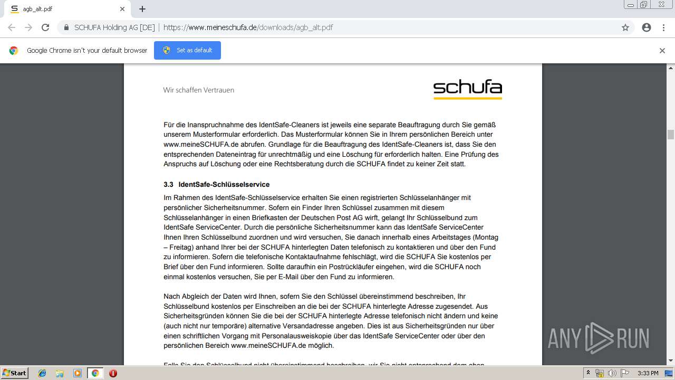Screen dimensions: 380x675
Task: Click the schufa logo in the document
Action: [467, 89]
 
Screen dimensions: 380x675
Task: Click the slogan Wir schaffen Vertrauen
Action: [198, 90]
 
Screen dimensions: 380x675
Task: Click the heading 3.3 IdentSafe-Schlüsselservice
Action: [216, 185]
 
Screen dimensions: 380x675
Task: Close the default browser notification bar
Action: [662, 51]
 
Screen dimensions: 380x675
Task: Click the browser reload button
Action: [45, 27]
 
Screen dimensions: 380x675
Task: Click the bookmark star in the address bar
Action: [625, 27]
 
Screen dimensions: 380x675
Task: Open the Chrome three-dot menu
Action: [663, 27]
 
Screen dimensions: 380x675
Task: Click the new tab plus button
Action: [142, 9]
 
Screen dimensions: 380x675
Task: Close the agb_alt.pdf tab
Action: [122, 9]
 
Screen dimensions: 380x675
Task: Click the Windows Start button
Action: [14, 373]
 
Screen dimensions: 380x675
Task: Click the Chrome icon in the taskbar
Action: [95, 373]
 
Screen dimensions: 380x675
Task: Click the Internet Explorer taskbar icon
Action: [42, 373]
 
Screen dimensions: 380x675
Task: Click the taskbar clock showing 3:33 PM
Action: [648, 373]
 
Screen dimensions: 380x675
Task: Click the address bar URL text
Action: [248, 27]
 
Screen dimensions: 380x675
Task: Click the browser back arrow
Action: [12, 27]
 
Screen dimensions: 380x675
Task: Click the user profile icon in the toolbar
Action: [647, 27]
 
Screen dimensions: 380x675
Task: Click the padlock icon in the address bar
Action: [66, 27]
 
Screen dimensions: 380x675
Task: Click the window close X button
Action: [661, 5]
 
